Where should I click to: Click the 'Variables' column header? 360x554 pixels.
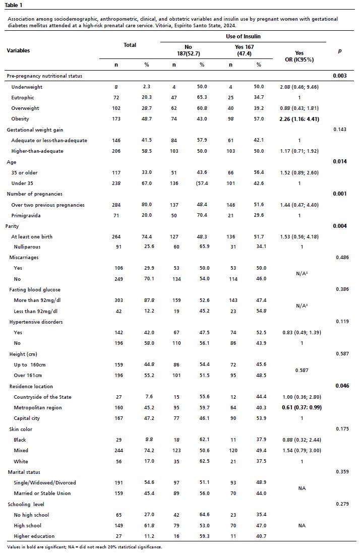click(18, 50)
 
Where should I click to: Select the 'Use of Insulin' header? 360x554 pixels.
click(243, 37)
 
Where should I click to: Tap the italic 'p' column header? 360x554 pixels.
click(339, 51)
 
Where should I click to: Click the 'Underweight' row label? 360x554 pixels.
click(27, 87)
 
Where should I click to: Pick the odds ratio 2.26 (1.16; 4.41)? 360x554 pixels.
click(299, 119)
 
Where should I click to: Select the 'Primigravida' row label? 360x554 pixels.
click(26, 215)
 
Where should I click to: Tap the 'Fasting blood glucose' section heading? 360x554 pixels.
click(33, 289)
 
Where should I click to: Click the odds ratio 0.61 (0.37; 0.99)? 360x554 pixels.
click(299, 407)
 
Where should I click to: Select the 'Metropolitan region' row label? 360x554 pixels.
click(38, 407)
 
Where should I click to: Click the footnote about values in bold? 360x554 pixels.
click(85, 547)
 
